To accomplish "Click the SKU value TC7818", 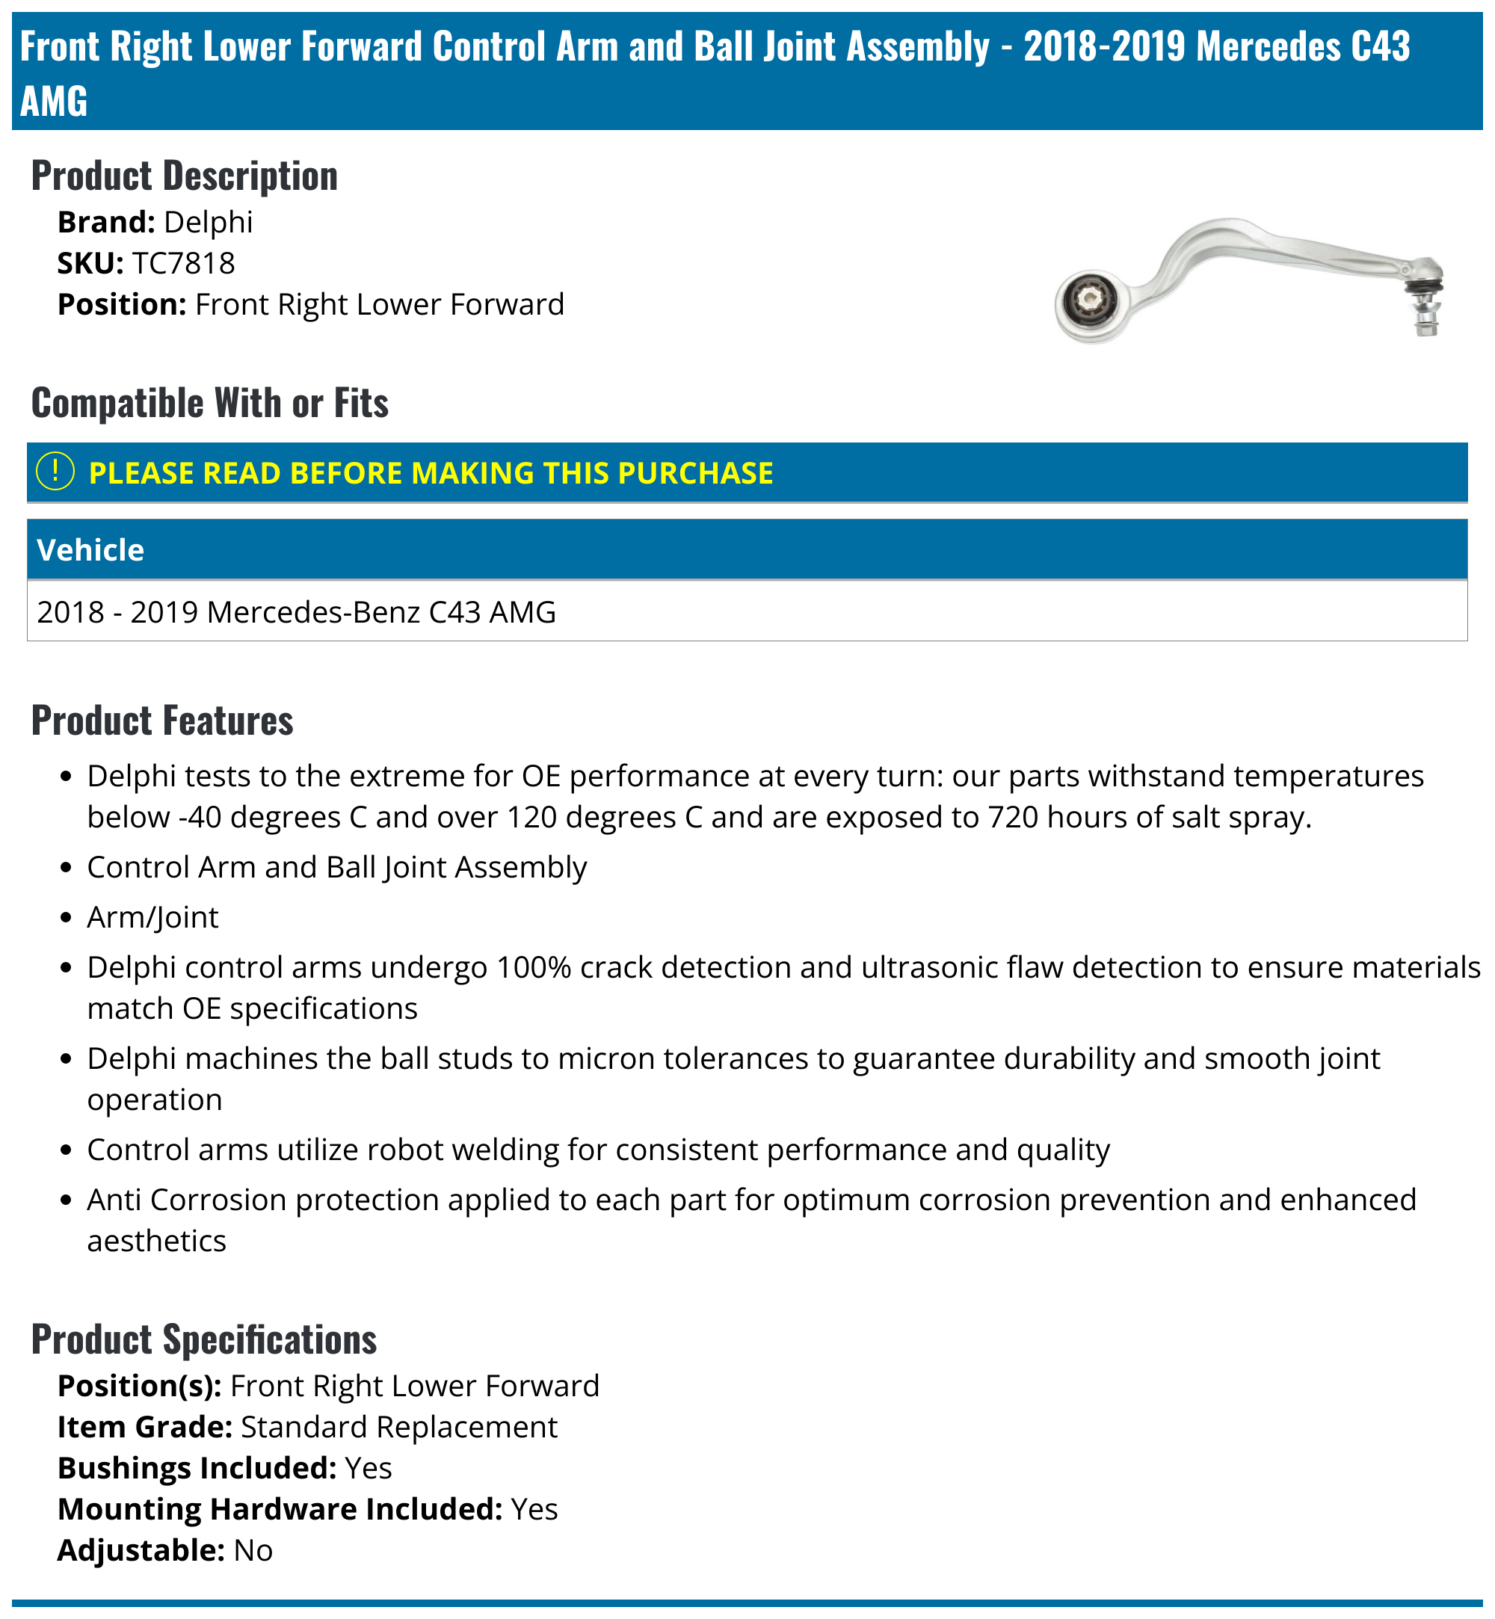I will tap(183, 263).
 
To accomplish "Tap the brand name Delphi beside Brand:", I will tap(208, 222).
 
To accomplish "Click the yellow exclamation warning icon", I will tap(56, 472).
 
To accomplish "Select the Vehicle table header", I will tap(90, 550).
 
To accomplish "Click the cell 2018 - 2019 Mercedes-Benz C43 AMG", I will tap(296, 612).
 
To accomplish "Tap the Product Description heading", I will tap(185, 176).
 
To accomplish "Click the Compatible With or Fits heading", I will tap(209, 403).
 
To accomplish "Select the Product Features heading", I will tap(161, 720).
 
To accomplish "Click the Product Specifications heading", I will tap(204, 1339).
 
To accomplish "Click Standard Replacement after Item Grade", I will tap(399, 1427).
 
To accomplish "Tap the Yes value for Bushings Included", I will tap(368, 1469).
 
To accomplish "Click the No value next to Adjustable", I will tap(253, 1551).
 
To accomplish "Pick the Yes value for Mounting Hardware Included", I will tap(534, 1510).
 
